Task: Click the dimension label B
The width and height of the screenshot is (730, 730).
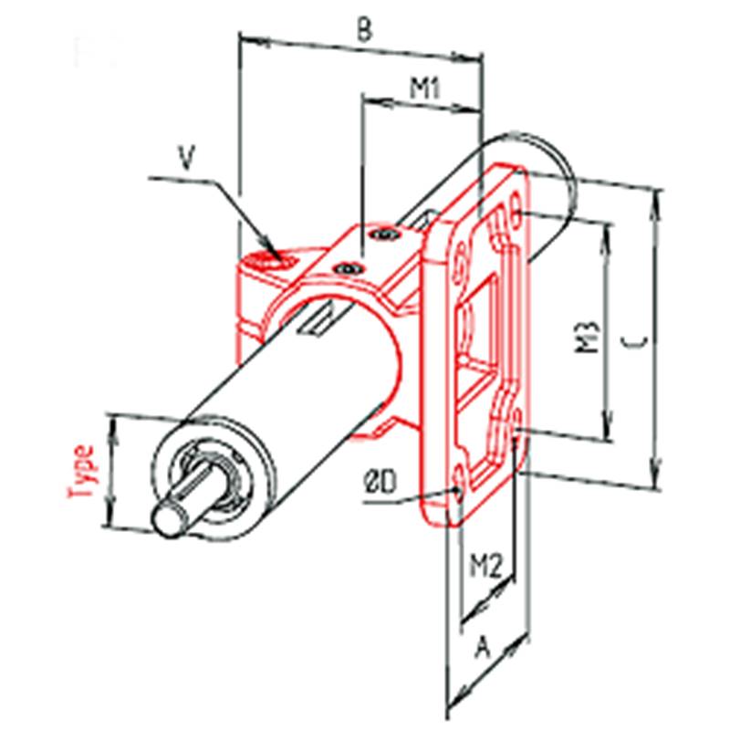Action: coord(364,32)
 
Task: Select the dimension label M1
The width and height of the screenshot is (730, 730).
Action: coord(424,88)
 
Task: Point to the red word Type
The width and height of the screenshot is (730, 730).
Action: coord(82,471)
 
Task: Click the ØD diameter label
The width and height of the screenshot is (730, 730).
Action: coord(380,482)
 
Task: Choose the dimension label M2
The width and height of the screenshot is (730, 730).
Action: coord(485,565)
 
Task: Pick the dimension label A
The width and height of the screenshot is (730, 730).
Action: coord(483,648)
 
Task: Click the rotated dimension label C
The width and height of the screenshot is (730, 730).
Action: coord(634,342)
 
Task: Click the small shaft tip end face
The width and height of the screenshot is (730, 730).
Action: coord(169,520)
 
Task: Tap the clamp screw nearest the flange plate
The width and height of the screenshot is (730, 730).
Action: coord(384,234)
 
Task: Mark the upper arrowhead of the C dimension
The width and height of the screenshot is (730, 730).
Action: coord(657,200)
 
